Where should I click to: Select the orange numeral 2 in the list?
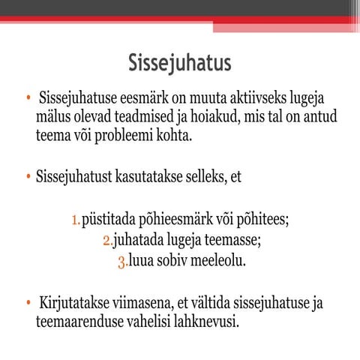[x=105, y=241]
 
